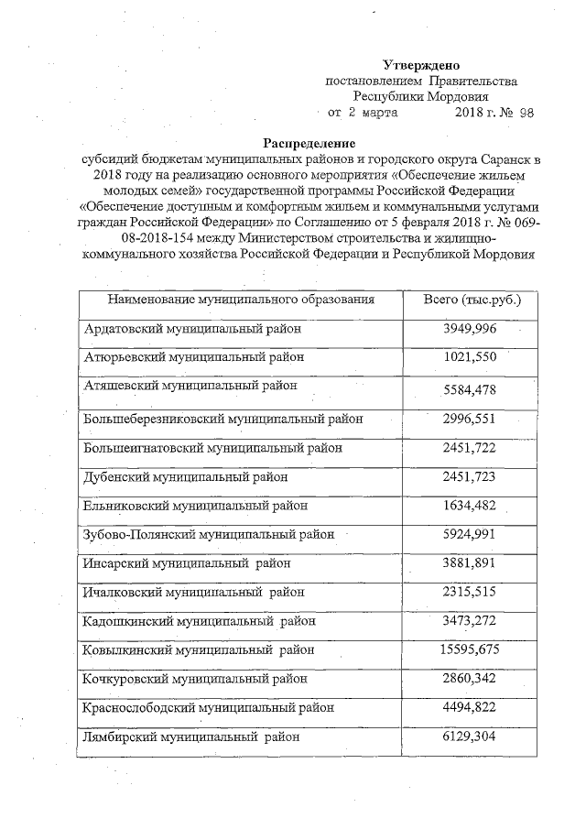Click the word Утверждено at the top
(420, 65)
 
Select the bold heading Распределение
(309, 143)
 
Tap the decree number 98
(526, 113)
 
